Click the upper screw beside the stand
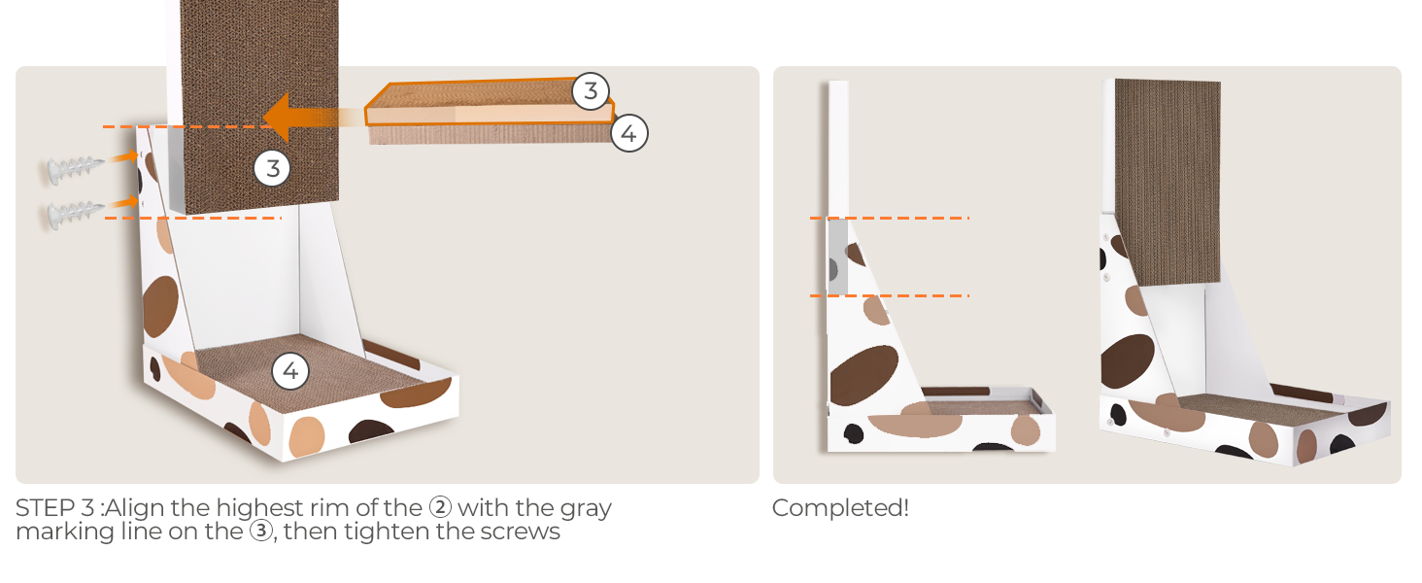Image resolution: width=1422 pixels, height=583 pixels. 72,169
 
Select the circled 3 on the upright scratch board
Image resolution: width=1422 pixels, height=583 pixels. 272,168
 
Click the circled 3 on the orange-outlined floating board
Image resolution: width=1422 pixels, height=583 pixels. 590,91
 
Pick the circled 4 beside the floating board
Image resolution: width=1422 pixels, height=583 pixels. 628,133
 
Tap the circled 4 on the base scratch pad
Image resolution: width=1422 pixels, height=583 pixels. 289,370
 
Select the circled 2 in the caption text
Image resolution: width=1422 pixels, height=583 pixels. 440,508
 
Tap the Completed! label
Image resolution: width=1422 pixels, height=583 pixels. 840,508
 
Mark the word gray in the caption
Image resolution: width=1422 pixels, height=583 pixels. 585,508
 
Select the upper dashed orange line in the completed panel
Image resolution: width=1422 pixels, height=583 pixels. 889,219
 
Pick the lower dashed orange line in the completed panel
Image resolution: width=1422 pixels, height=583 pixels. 889,295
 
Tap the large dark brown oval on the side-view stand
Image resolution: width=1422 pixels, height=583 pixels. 863,373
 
